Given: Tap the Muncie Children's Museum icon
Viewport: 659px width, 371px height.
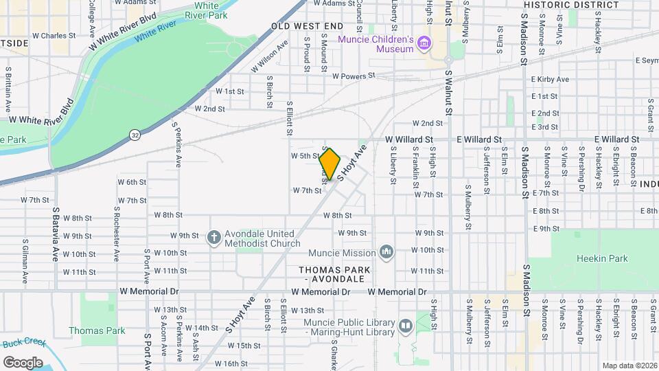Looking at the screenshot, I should [424, 45].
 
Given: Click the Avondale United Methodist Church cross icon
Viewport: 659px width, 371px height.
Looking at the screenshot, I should [214, 238].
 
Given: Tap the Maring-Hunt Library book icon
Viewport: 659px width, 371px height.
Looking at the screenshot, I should [405, 325].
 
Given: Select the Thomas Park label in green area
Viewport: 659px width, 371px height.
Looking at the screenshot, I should [97, 330].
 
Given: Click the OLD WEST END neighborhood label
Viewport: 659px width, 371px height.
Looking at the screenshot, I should [307, 26].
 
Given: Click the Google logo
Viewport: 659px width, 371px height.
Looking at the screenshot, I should [23, 362].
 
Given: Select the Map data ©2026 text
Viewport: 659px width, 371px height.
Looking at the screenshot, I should [629, 365].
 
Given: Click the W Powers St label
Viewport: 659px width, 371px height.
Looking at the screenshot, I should [354, 76].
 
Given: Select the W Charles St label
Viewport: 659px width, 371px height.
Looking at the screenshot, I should [54, 36].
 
